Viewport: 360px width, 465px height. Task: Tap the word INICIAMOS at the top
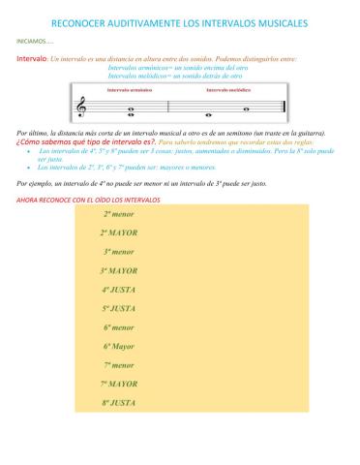[33, 43]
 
